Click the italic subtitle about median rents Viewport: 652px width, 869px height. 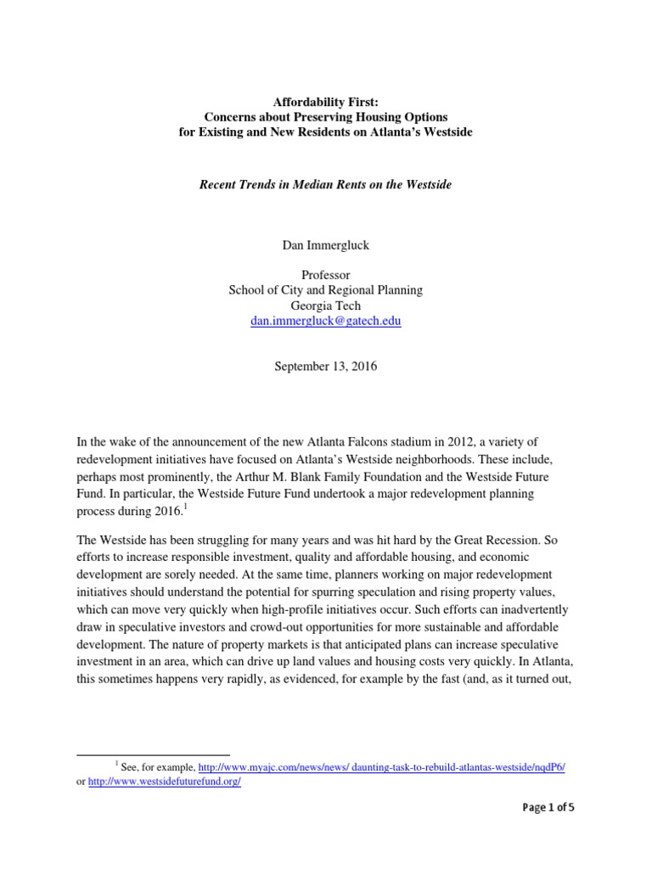tap(326, 184)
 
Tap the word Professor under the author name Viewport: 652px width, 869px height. tap(326, 275)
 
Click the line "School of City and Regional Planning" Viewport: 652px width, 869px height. tap(326, 290)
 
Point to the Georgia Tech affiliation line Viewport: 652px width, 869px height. tap(326, 306)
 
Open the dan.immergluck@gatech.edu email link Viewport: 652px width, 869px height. tap(326, 321)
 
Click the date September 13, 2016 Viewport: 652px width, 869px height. tap(326, 367)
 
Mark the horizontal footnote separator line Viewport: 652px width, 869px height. tap(153, 754)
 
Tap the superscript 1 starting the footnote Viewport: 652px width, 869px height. tap(116, 764)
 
